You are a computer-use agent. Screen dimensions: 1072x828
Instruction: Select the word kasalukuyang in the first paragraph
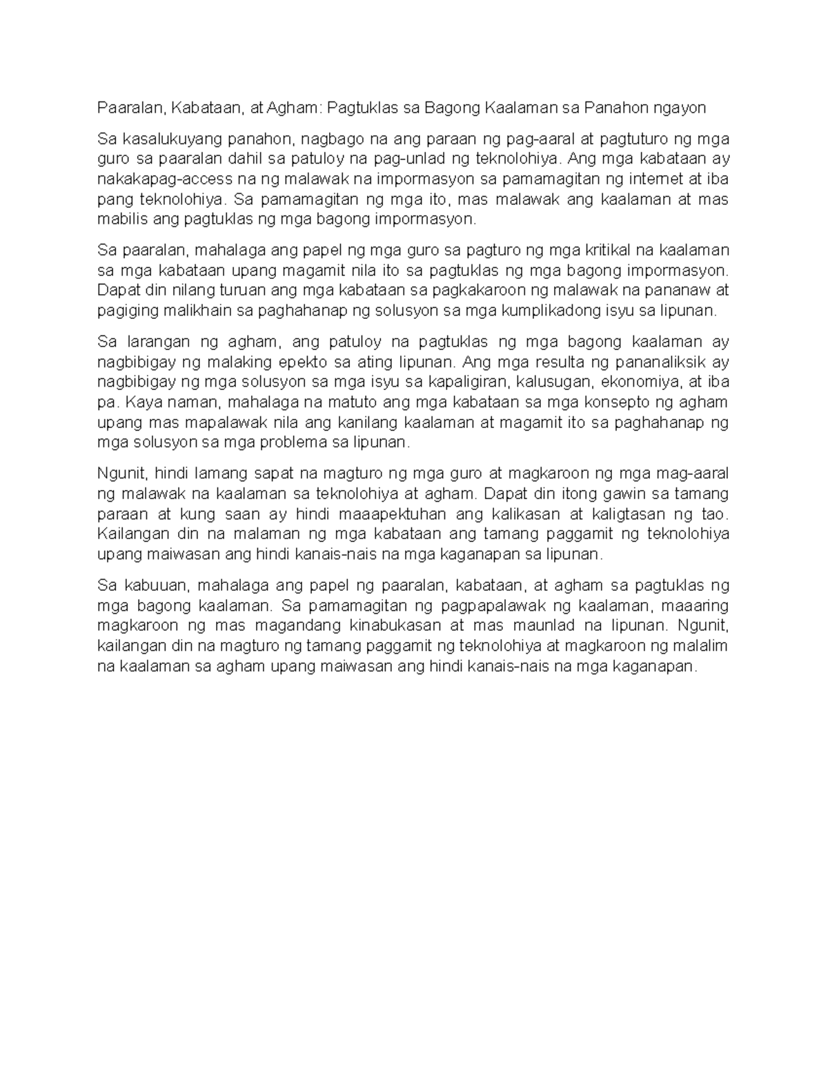click(164, 139)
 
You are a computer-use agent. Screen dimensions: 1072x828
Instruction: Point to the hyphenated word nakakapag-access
click(160, 179)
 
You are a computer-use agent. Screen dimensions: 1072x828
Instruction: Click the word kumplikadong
click(551, 311)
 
